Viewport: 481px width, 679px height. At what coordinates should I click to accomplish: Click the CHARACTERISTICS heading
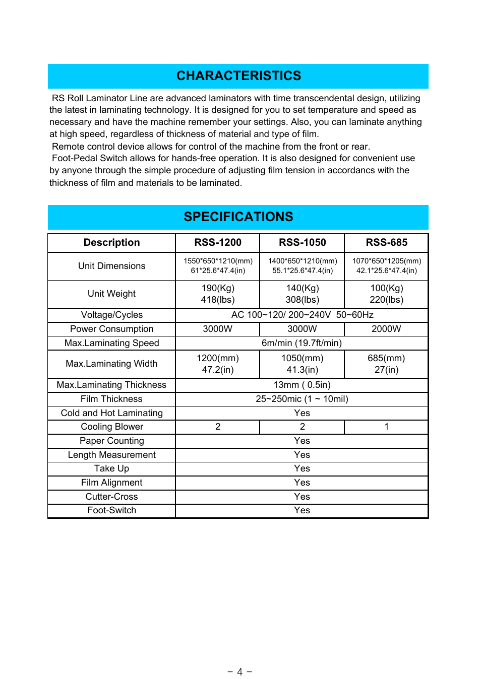(238, 76)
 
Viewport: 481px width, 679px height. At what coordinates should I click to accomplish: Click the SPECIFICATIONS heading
(238, 217)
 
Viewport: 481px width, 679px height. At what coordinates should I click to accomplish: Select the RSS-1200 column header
(218, 243)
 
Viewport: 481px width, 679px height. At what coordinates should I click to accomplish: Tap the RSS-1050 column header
(303, 243)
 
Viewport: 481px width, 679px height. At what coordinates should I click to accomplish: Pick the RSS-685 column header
(387, 243)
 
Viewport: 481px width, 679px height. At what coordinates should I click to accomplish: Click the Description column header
(111, 243)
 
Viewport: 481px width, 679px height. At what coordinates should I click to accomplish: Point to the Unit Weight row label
(111, 294)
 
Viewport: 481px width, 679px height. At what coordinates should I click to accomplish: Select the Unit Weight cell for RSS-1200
(218, 294)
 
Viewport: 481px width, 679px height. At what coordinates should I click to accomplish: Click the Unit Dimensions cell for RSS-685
(387, 266)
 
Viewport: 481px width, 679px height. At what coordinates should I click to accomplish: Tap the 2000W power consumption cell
(387, 329)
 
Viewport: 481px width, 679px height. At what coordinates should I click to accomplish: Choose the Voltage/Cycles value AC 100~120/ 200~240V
(281, 315)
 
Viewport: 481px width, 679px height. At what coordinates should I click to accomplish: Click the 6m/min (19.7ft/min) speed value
(302, 343)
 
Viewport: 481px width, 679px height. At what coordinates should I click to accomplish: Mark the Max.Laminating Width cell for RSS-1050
(303, 364)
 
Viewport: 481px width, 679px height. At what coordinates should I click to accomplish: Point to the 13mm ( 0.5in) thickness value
(302, 385)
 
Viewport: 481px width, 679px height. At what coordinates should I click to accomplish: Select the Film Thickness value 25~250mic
(278, 399)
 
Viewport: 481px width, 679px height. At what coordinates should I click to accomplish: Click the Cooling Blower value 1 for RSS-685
(387, 427)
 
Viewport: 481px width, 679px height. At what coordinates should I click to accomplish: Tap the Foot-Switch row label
(111, 510)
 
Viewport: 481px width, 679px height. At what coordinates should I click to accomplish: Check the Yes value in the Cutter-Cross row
(302, 497)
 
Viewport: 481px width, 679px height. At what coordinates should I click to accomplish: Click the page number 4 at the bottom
(240, 672)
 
